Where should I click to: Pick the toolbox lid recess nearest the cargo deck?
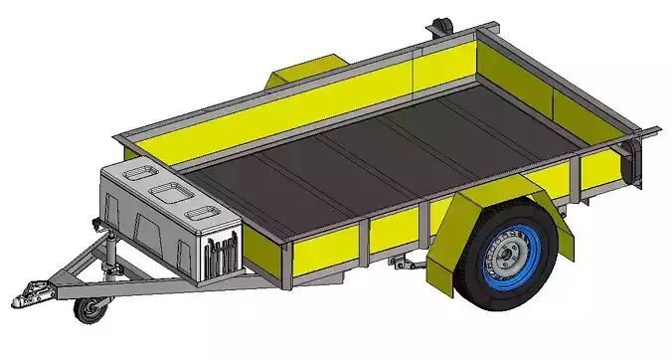point(202,213)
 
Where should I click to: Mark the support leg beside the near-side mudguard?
point(405,264)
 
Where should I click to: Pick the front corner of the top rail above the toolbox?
point(119,135)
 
